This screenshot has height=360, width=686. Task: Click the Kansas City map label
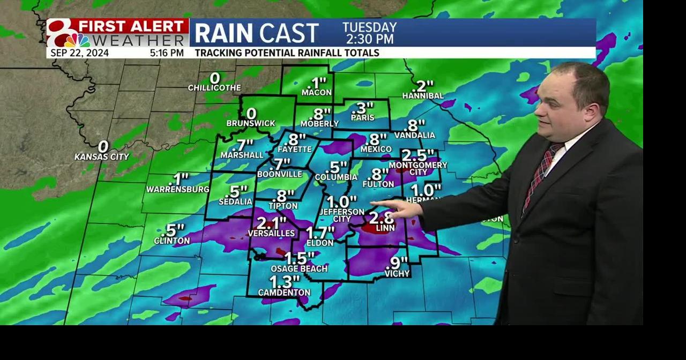click(x=102, y=157)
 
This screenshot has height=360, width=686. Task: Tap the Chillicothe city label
click(x=214, y=88)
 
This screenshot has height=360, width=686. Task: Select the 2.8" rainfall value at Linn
click(x=382, y=217)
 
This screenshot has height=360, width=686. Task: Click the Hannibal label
click(x=423, y=96)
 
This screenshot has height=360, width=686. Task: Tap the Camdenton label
click(x=284, y=292)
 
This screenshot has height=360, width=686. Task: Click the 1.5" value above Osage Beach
click(x=299, y=258)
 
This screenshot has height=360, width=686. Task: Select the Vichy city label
click(x=397, y=274)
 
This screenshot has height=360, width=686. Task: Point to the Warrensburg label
click(x=178, y=190)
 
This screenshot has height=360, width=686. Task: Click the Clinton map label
click(x=171, y=241)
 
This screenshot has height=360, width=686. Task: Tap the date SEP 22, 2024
click(x=80, y=53)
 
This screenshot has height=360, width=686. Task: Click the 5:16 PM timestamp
click(x=167, y=53)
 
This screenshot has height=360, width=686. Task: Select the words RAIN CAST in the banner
click(x=256, y=33)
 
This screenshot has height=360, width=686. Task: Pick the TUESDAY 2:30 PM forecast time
click(x=369, y=33)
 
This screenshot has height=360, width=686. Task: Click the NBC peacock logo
click(x=77, y=40)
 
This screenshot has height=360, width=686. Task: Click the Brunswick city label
click(x=250, y=123)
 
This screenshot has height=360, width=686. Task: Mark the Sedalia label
click(x=235, y=202)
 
